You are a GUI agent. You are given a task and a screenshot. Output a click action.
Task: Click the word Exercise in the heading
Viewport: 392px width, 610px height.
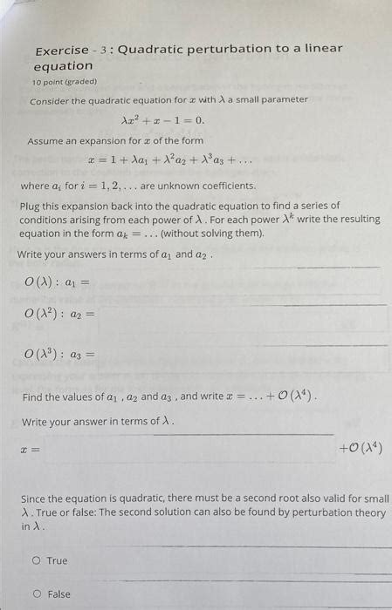point(61,50)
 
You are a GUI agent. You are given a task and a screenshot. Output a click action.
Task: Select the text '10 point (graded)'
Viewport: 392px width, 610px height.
point(65,82)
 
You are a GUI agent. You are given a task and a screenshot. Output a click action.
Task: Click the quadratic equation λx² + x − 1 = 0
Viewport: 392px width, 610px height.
point(162,120)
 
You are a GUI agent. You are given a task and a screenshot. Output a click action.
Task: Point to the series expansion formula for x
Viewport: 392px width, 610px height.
point(171,160)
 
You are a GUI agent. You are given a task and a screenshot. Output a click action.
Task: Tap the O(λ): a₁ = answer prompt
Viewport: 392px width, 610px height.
point(58,281)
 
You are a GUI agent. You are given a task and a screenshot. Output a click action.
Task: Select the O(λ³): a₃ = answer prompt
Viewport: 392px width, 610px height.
point(59,355)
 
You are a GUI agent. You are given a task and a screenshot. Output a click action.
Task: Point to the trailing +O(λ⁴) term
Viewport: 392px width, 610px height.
point(361,450)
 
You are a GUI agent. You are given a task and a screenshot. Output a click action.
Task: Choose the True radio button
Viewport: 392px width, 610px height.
point(37,560)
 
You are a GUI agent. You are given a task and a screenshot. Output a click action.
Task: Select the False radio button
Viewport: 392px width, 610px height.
point(37,594)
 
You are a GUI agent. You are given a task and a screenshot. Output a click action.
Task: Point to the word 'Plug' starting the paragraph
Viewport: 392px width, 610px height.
point(31,206)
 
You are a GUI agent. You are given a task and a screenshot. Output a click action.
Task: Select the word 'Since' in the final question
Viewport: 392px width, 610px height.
point(36,499)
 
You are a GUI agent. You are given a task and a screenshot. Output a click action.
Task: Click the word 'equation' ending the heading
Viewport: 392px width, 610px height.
point(63,66)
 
